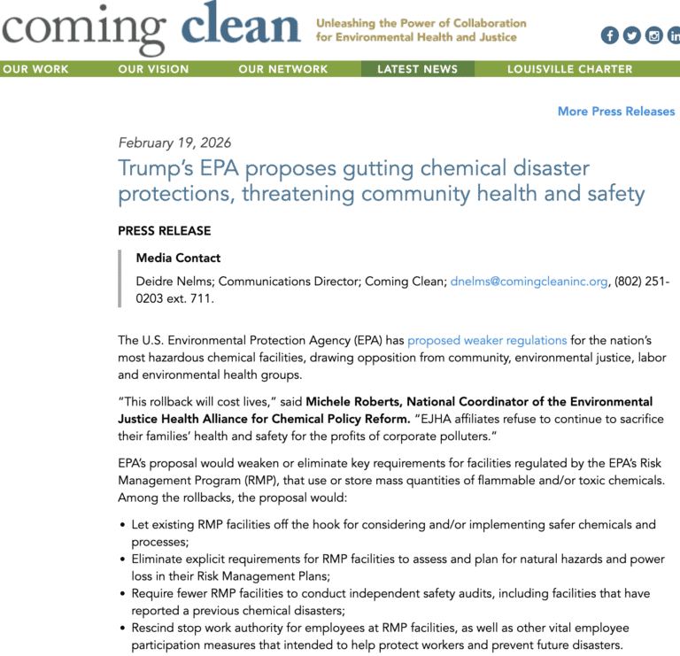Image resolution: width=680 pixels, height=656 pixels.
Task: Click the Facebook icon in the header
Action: [609, 35]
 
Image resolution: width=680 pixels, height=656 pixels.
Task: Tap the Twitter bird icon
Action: [631, 35]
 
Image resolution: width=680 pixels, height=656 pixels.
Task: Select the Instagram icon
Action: [654, 35]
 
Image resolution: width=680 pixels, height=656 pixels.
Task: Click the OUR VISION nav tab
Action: [153, 69]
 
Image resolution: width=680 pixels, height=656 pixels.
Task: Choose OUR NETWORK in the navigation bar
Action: [282, 69]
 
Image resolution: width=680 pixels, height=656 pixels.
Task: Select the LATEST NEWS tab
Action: [417, 69]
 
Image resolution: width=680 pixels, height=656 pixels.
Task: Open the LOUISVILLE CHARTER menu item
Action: [569, 69]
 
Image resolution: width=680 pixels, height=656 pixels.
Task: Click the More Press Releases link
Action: [616, 112]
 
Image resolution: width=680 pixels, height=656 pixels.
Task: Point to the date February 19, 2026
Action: [174, 143]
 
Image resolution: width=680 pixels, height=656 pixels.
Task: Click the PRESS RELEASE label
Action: [164, 231]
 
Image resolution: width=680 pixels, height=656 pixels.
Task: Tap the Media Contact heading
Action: [178, 259]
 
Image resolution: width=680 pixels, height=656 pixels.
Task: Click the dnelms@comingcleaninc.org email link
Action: [529, 282]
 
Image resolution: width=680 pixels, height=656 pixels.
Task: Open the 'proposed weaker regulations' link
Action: [487, 340]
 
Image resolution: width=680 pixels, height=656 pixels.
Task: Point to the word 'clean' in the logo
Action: [240, 27]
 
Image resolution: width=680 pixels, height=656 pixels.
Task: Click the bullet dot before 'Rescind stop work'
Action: [122, 629]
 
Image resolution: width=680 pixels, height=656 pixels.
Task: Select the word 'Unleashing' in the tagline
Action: [349, 23]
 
